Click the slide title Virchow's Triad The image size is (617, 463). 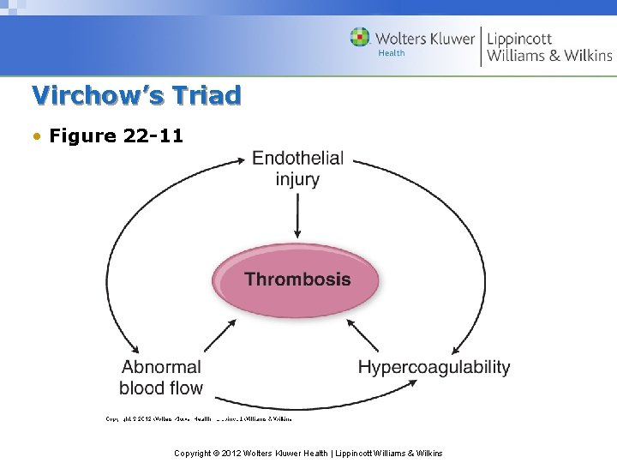pyautogui.click(x=136, y=94)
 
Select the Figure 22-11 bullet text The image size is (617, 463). pyautogui.click(x=116, y=135)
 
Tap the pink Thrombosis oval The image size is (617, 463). pyautogui.click(x=297, y=280)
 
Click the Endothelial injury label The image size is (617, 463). pyautogui.click(x=297, y=168)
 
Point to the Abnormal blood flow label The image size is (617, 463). pyautogui.click(x=161, y=377)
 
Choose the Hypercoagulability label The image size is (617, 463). pyautogui.click(x=434, y=367)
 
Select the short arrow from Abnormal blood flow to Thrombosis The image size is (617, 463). pyautogui.click(x=220, y=335)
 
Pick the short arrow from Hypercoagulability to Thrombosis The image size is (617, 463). pyautogui.click(x=362, y=335)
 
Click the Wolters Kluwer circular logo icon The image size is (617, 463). pyautogui.click(x=360, y=38)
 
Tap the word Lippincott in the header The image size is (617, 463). pyautogui.click(x=519, y=39)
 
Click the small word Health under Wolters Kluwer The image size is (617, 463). pyautogui.click(x=392, y=53)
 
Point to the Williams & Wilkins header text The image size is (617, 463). pyautogui.click(x=549, y=56)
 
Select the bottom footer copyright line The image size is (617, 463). pyautogui.click(x=308, y=452)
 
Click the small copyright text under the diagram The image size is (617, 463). pyautogui.click(x=198, y=418)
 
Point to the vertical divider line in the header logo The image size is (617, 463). pyautogui.click(x=481, y=45)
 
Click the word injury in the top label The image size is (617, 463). pyautogui.click(x=297, y=179)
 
